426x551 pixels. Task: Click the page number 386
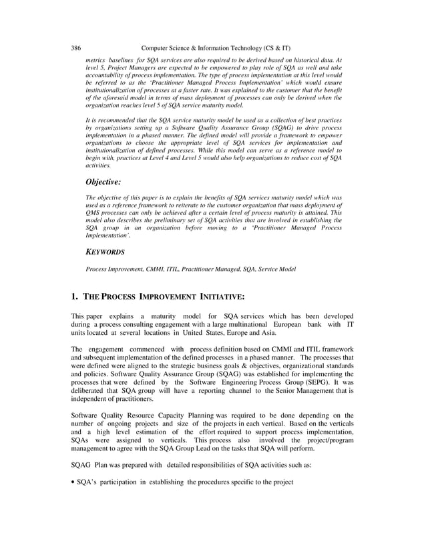click(76, 48)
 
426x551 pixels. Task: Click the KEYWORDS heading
click(105, 252)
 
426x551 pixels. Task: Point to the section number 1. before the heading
click(75, 296)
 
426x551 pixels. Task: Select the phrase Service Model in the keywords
click(277, 269)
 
